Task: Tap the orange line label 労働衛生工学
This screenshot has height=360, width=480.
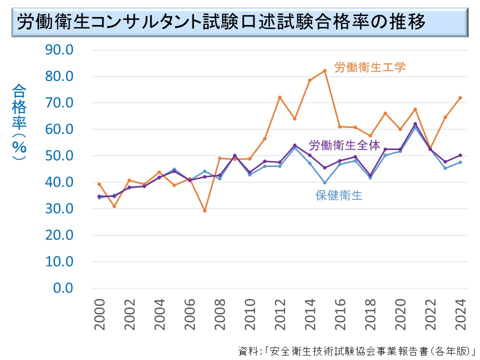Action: tap(370, 67)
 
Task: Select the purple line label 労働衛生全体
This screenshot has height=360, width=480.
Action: tap(344, 145)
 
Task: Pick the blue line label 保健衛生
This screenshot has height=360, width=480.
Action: tap(339, 195)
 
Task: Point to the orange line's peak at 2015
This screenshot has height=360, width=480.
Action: tap(324, 70)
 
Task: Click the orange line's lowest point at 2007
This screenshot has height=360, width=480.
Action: tap(204, 210)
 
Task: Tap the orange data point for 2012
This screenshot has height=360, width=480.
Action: tap(279, 97)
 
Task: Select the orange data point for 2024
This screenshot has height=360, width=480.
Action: tap(460, 97)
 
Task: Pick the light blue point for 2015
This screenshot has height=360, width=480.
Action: tap(324, 182)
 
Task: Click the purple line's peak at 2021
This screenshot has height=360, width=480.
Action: tap(415, 124)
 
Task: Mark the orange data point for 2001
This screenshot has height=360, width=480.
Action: tap(114, 206)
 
